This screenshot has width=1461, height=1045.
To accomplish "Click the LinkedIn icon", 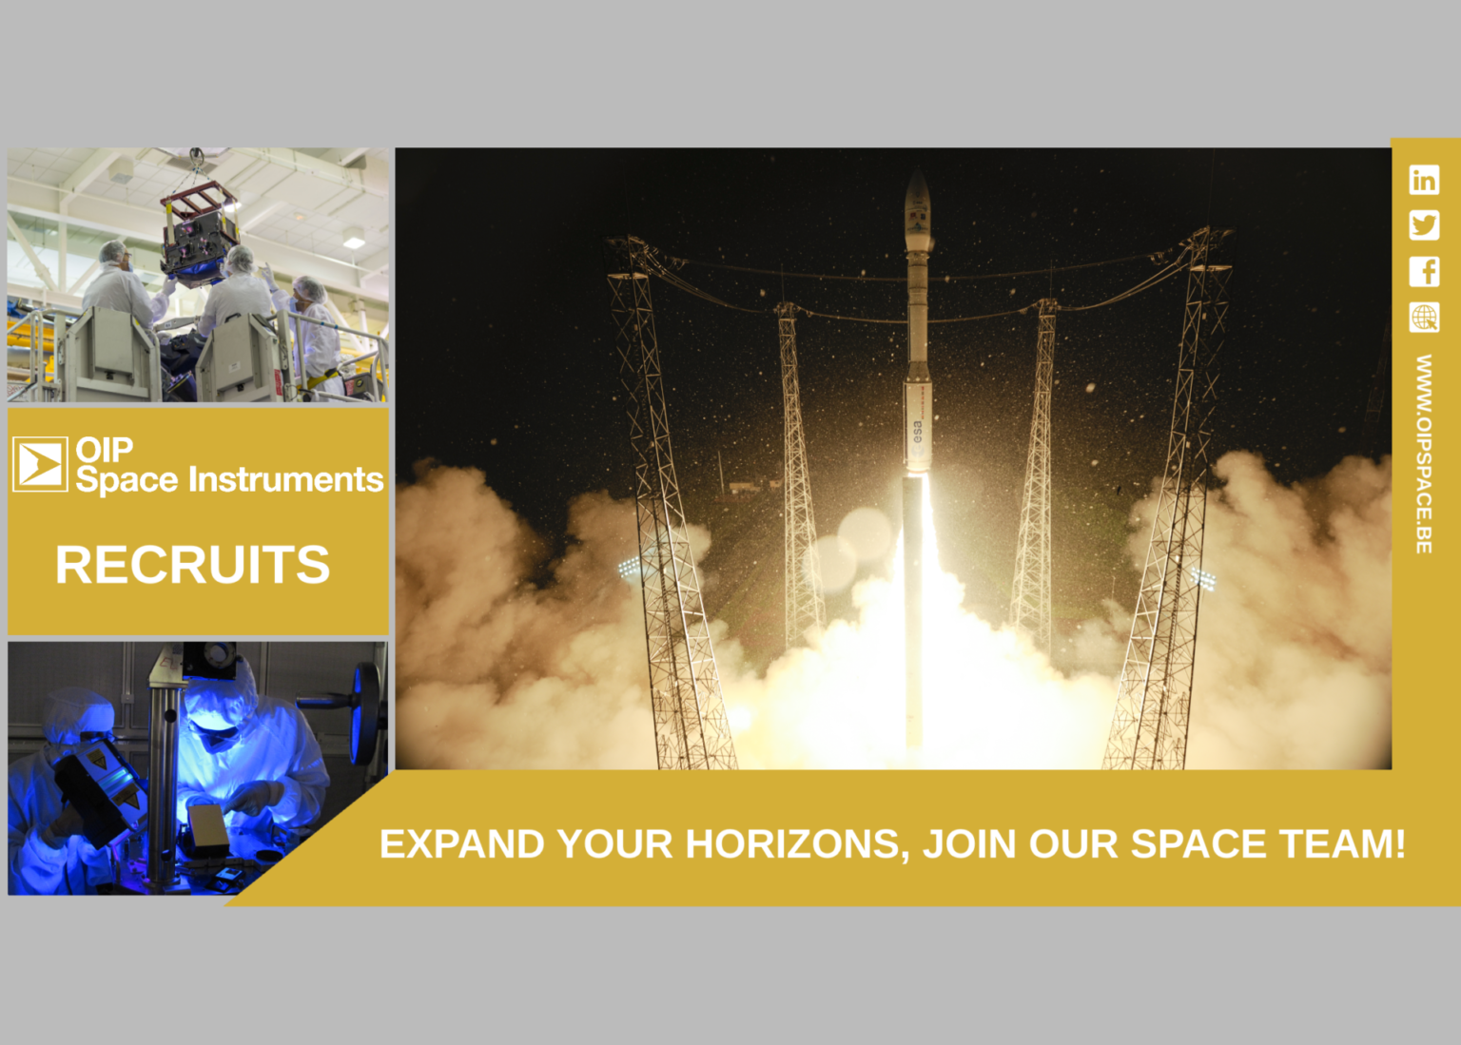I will pos(1424,180).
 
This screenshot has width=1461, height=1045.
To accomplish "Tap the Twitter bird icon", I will pos(1424,225).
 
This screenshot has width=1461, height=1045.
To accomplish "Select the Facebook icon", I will pos(1424,271).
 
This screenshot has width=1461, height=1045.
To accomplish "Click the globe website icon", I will pos(1424,317).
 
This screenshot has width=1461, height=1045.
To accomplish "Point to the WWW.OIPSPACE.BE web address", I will pos(1424,454).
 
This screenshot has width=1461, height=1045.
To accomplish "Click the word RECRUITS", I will pos(192,565).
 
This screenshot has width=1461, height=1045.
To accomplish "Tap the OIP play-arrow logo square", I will pos(40,464).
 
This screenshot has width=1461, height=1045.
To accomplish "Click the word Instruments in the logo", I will pos(285,479).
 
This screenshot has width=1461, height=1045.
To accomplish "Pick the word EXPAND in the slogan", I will pos(462,844).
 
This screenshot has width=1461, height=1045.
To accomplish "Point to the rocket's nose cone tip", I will pos(917,171).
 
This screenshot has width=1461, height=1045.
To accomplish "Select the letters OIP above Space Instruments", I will pos(105,448).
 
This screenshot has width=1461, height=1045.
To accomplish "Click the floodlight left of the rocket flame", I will pos(630,568).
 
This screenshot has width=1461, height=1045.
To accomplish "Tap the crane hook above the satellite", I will pos(196,157).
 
